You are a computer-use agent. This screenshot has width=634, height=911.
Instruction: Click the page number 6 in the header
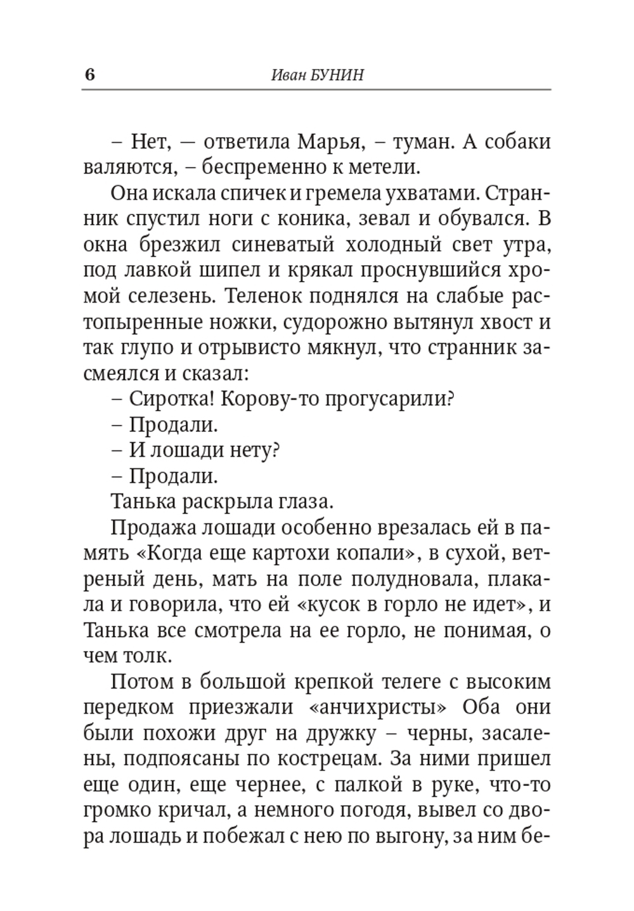click(89, 75)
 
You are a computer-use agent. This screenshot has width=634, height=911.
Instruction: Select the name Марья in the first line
click(328, 141)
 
